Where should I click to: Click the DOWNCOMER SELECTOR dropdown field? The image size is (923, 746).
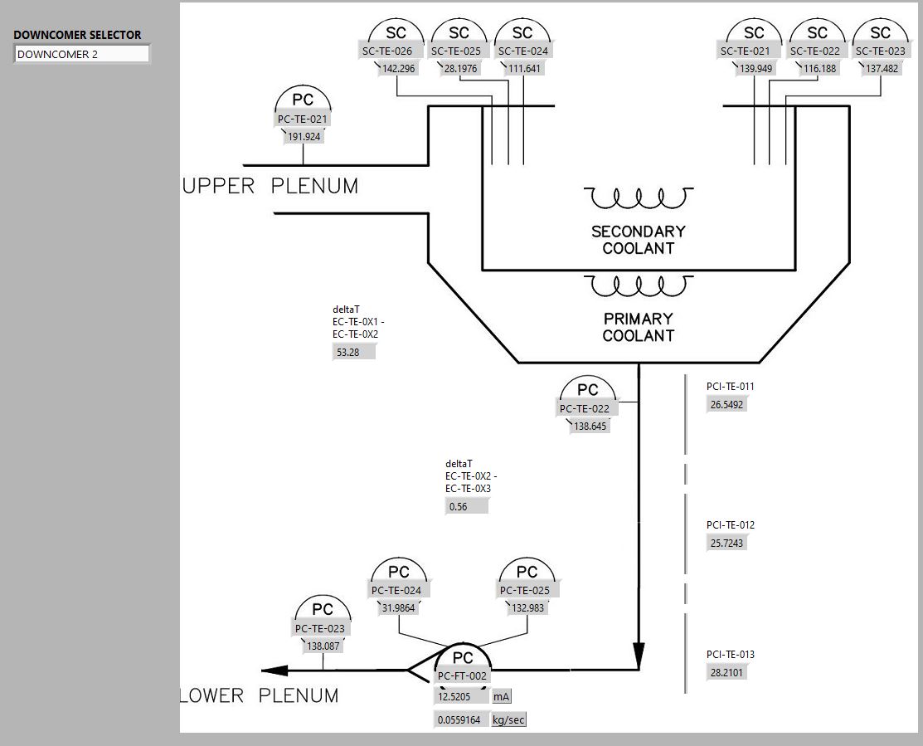click(82, 54)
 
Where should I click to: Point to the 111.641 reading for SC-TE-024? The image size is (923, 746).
click(522, 69)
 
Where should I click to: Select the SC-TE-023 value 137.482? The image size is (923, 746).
click(882, 69)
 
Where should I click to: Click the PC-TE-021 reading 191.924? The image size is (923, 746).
click(304, 137)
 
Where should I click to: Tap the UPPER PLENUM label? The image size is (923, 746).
click(270, 187)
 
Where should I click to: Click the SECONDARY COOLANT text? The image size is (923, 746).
click(638, 240)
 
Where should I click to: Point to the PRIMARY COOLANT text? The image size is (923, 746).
click(638, 327)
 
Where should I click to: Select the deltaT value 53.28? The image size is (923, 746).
click(353, 352)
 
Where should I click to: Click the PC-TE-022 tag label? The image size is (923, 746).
click(584, 408)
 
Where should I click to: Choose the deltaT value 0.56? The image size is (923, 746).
click(466, 506)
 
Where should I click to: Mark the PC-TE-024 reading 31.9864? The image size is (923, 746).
click(398, 608)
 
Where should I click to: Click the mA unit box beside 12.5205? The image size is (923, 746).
click(502, 697)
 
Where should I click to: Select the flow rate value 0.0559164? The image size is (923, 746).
click(459, 720)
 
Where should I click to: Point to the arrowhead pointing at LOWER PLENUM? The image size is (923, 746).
click(274, 670)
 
